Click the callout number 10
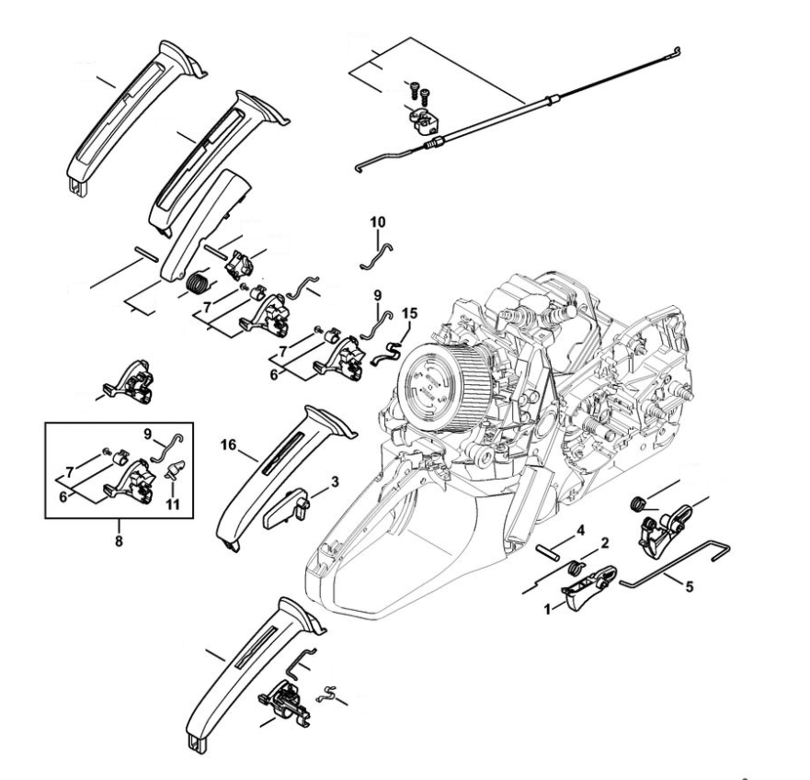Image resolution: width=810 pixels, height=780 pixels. (x=379, y=221)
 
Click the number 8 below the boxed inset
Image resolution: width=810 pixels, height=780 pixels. (x=119, y=540)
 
